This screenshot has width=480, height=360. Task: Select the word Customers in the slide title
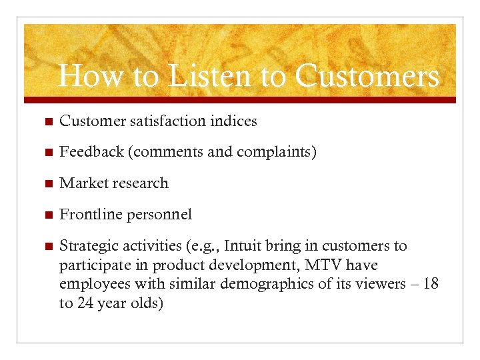point(367,76)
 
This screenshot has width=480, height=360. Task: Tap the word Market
point(82,183)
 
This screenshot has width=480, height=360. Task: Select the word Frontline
point(88,215)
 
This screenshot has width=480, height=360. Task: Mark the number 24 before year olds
point(87,303)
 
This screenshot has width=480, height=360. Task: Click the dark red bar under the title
point(240,100)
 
